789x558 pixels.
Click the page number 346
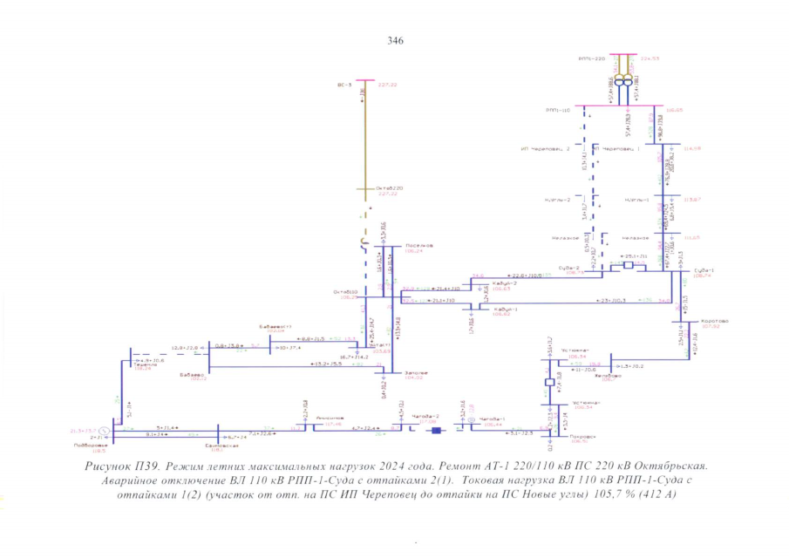click(x=394, y=40)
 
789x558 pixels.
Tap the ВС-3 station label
click(x=343, y=85)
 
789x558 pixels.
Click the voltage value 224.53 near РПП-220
click(x=650, y=58)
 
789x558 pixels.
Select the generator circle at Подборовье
click(x=103, y=430)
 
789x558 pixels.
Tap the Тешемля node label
click(x=145, y=364)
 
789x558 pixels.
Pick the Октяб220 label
click(x=390, y=188)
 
